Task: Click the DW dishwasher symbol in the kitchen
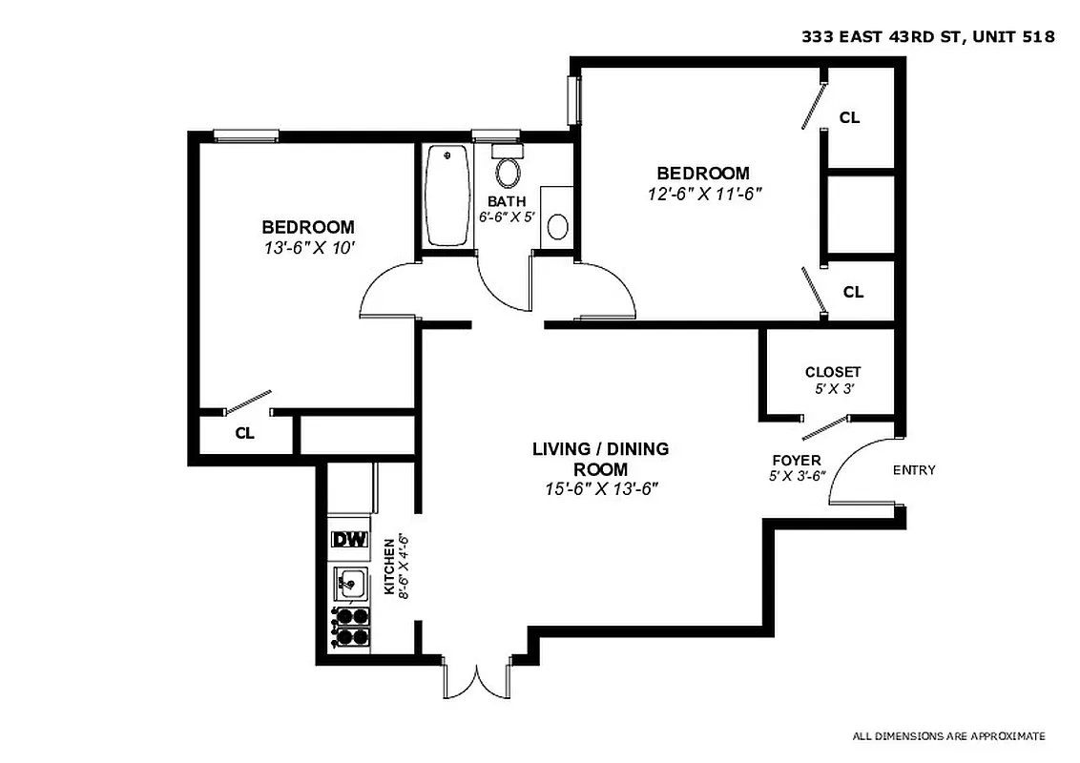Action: (x=349, y=540)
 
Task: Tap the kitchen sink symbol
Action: (x=350, y=580)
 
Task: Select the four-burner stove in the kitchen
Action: (x=350, y=628)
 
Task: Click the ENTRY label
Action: (x=913, y=470)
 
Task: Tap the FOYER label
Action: (x=796, y=461)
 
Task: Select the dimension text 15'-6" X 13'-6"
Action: (x=600, y=489)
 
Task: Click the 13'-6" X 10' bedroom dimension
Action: (x=307, y=247)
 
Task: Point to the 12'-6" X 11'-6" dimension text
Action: (x=702, y=193)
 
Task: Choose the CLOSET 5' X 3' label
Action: (x=832, y=380)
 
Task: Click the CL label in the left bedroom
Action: (x=244, y=433)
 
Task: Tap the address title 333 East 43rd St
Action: (x=926, y=38)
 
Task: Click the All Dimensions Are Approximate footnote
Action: (x=948, y=736)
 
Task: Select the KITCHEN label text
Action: (x=389, y=566)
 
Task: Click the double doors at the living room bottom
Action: (x=478, y=679)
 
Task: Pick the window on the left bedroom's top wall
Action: (x=245, y=135)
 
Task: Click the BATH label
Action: (x=506, y=201)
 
